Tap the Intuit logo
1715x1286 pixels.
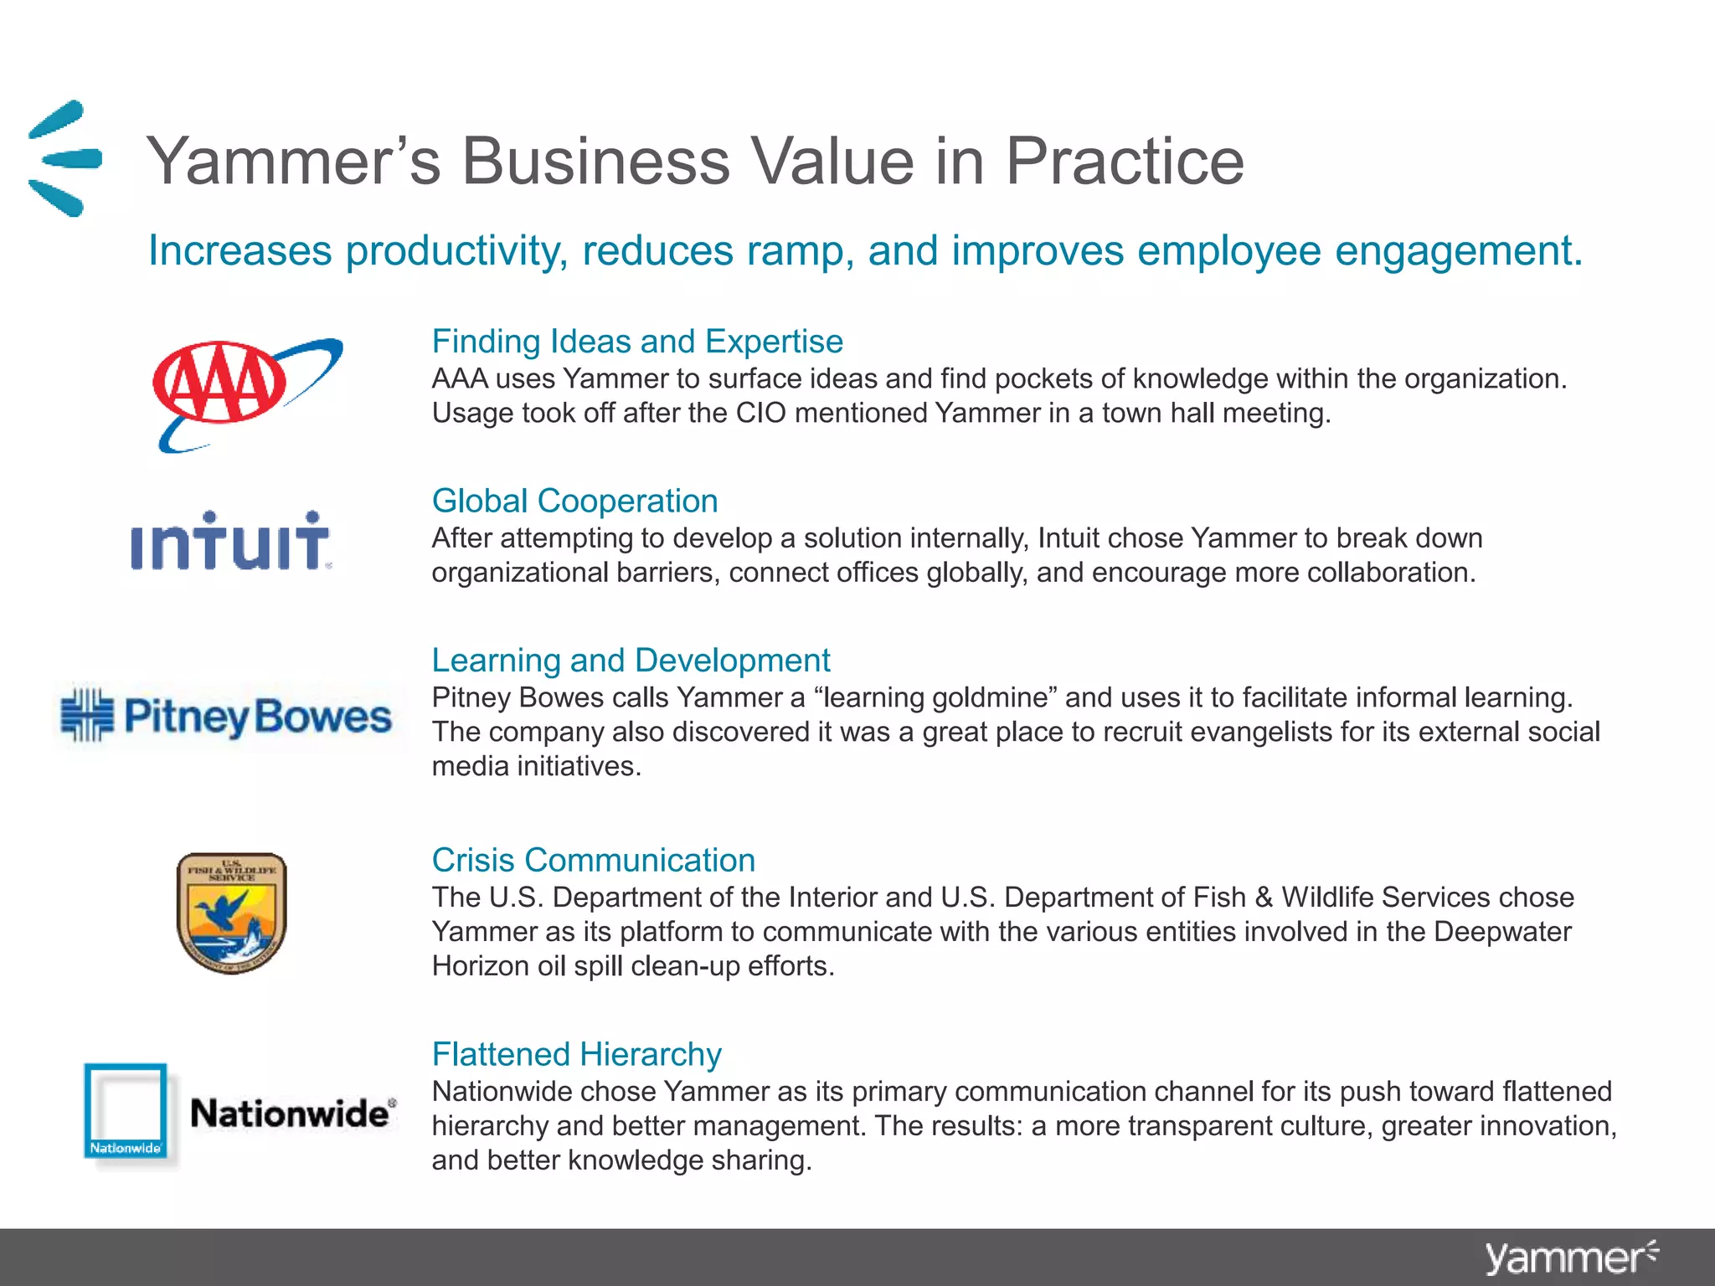coord(230,542)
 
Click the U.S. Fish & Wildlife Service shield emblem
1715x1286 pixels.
coord(232,913)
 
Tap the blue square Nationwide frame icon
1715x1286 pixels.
coord(126,1111)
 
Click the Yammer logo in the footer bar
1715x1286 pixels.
coord(1570,1258)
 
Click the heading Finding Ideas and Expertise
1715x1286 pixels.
coord(637,342)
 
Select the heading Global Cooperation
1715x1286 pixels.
coord(574,501)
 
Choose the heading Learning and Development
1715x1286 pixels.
coord(631,661)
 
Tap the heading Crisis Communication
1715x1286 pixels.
coord(593,861)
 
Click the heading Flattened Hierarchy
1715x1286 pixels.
coord(576,1054)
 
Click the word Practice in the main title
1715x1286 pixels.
coord(1124,162)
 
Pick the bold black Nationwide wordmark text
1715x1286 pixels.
coord(290,1114)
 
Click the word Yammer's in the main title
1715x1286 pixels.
coord(293,162)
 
